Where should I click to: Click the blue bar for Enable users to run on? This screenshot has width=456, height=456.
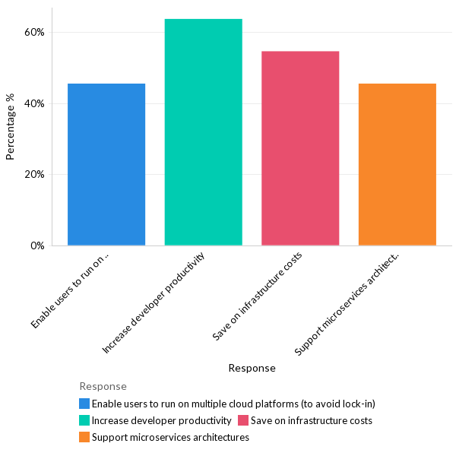[x=106, y=164]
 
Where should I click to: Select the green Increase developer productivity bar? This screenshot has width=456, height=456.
[x=203, y=132]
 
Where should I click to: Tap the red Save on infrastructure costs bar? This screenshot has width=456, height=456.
[x=300, y=148]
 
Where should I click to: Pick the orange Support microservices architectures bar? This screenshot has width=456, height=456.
[x=397, y=164]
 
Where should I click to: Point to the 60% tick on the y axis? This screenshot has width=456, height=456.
[x=35, y=33]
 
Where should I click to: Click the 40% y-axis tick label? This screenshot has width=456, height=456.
[x=35, y=103]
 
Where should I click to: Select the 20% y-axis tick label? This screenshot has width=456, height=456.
[x=35, y=174]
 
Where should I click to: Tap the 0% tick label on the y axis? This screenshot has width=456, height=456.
[x=37, y=245]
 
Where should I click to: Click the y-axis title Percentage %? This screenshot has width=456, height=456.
[x=11, y=127]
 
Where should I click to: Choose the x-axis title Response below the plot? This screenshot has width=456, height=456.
[x=252, y=368]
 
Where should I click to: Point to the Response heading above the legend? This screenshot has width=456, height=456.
[x=103, y=387]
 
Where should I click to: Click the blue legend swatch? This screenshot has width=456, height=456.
[x=84, y=404]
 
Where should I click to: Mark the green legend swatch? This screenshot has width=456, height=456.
[x=84, y=420]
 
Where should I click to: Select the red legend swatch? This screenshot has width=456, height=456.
[x=243, y=420]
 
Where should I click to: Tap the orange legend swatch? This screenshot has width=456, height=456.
[x=84, y=437]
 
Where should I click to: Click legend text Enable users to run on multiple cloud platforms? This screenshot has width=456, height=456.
[x=233, y=404]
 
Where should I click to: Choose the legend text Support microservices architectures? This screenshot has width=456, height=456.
[x=170, y=437]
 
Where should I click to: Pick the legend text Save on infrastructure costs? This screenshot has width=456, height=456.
[x=311, y=420]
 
